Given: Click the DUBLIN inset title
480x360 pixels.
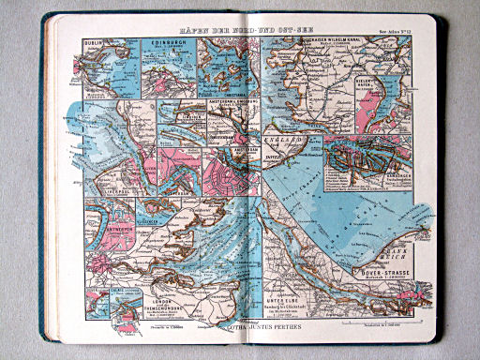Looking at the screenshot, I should click(93, 41).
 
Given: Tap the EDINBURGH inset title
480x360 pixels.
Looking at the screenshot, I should click(166, 42).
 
